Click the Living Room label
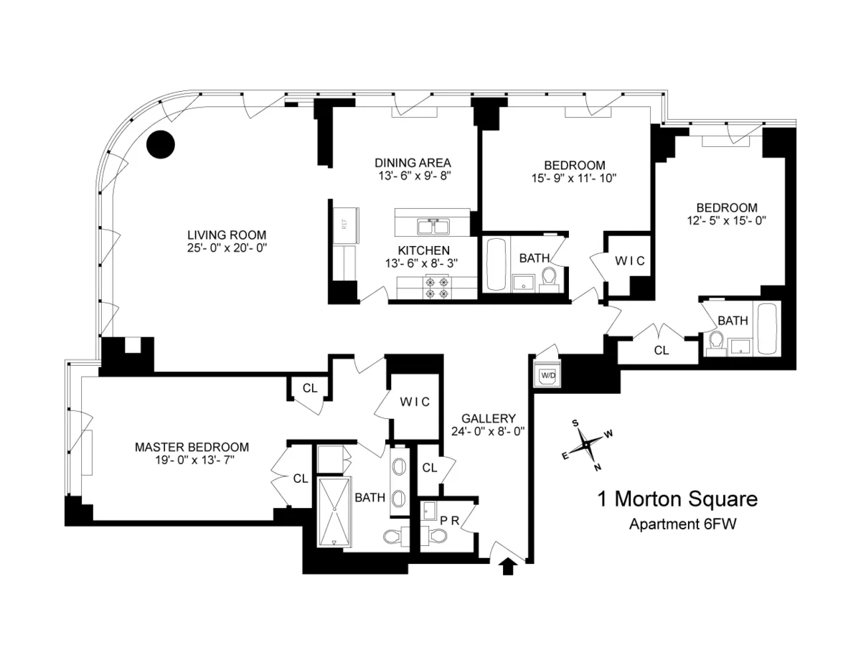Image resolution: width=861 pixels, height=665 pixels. pos(227,235)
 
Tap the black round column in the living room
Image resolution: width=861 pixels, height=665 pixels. pos(161,145)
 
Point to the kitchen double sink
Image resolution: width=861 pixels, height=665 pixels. pos(433,227)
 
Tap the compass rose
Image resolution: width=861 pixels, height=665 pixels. pos(587,445)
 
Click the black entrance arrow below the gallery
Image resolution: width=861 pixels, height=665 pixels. pos(508,567)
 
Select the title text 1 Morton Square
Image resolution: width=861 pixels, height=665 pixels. pos(677,499)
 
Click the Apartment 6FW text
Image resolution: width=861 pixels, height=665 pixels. pos(683,524)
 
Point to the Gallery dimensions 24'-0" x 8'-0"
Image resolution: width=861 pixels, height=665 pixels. pos(489,432)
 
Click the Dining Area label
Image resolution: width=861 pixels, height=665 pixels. pos(413,163)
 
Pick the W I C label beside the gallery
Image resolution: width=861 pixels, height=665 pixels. pos(415,402)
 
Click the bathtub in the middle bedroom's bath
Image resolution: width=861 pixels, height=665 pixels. pos(496,265)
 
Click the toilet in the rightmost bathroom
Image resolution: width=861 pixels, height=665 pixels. pos(714,343)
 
